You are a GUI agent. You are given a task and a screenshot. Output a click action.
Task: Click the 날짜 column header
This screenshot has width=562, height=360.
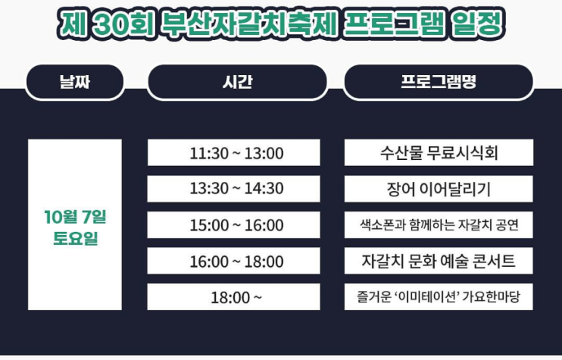tap(74, 82)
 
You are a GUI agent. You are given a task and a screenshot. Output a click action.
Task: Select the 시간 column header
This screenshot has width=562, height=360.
tap(237, 82)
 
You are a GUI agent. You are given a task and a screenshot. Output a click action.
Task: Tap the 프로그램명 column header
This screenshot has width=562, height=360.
tap(438, 82)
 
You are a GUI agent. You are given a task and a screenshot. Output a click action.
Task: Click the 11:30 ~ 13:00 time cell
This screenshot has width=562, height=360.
tap(233, 153)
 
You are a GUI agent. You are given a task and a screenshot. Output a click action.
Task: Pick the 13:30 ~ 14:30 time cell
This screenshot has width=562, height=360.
tap(233, 189)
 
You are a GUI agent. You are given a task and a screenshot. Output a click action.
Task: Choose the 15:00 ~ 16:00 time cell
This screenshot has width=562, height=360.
tap(233, 225)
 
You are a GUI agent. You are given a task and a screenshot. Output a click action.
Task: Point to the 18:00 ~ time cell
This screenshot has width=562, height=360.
tap(233, 297)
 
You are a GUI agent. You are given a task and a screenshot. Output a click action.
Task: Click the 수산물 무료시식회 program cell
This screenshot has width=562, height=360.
tap(438, 153)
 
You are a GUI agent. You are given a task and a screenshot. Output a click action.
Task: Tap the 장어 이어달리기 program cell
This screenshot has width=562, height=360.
tap(438, 189)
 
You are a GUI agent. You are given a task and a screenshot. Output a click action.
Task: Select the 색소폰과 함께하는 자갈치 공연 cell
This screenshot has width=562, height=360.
tap(438, 225)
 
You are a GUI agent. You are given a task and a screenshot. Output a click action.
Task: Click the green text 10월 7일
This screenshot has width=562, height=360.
tap(75, 216)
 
